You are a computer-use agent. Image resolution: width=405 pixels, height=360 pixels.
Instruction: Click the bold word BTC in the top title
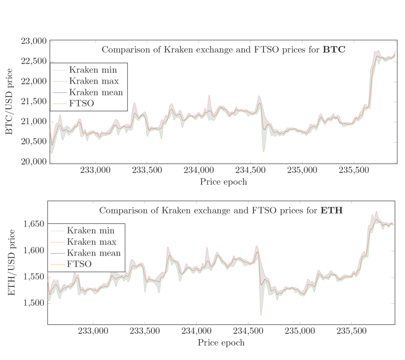[334, 50]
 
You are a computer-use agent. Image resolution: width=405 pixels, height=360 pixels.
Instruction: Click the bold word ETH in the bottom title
[331, 210]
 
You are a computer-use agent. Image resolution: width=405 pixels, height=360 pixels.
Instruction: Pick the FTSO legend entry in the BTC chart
[81, 104]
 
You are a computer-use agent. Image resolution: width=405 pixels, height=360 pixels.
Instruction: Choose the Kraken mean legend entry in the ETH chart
[94, 253]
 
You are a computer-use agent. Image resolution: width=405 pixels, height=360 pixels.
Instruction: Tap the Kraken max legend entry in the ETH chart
[92, 242]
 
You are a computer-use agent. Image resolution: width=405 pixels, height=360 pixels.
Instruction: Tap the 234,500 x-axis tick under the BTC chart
[250, 171]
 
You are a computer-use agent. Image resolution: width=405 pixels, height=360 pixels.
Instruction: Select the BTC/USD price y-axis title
[9, 101]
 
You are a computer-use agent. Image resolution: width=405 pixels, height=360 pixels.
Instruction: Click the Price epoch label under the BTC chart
[223, 182]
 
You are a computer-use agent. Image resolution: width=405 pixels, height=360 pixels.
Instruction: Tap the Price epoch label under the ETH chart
[221, 343]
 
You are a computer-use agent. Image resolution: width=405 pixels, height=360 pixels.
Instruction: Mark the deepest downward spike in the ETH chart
[261, 315]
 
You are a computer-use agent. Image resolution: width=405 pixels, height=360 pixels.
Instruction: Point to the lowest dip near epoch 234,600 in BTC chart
[263, 152]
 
